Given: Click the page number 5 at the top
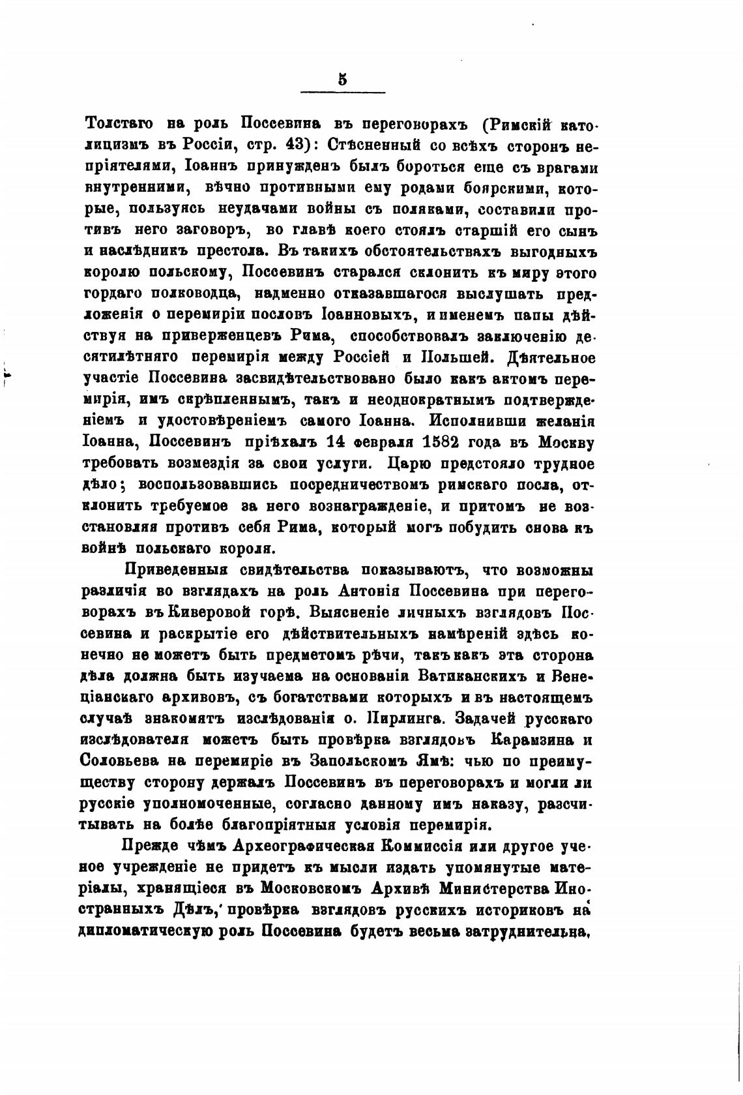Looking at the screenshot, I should coord(342,80).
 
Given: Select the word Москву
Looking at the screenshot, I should coord(566,442).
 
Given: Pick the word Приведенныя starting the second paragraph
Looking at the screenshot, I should coord(175,571).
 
